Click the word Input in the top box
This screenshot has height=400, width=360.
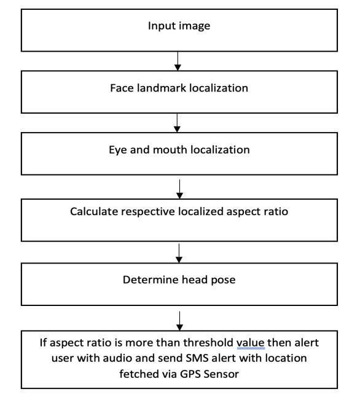tap(159, 26)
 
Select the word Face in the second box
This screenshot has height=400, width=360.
tap(122, 88)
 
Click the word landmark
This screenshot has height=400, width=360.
tap(162, 88)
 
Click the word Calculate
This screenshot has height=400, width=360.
tap(94, 211)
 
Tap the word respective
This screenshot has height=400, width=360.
tap(148, 212)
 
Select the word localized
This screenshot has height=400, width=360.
tap(201, 211)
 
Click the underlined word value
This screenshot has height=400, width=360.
tap(250, 343)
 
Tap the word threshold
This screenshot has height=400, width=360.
tap(208, 343)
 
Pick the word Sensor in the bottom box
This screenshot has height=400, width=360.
tap(221, 374)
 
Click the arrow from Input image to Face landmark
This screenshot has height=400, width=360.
tap(178, 61)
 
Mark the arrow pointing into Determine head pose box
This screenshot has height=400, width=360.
tap(179, 253)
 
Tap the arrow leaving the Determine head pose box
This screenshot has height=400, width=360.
tap(179, 321)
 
